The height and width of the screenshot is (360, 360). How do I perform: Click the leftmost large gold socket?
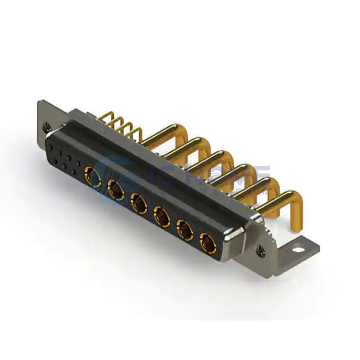(x=94, y=176)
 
